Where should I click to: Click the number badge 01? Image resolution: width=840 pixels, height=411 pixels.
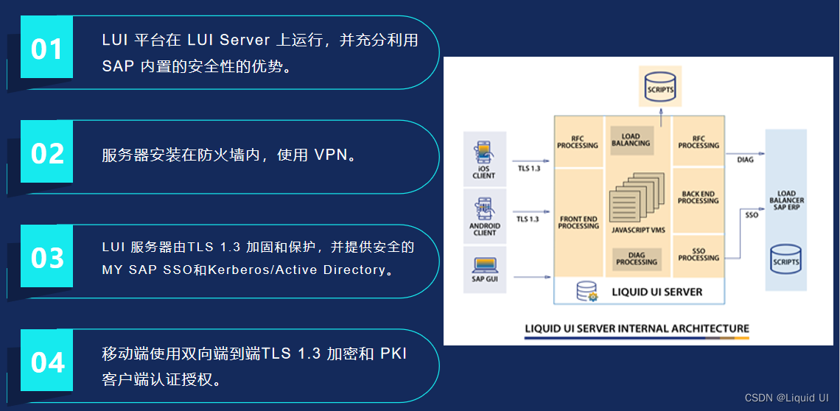[x=47, y=48]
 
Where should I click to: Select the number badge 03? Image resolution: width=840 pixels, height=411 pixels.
[x=47, y=257]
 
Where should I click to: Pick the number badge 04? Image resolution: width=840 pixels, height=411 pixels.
[x=47, y=362]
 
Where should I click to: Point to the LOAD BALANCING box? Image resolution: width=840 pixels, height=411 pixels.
[x=631, y=139]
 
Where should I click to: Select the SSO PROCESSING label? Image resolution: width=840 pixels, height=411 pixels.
[x=699, y=254]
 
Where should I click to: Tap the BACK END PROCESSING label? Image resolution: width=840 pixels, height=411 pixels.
[x=699, y=197]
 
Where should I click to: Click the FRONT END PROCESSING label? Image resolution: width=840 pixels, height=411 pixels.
[x=578, y=222]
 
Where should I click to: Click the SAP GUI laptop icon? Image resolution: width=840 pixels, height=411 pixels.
[x=484, y=264]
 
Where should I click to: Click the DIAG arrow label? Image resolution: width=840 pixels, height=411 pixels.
[x=745, y=160]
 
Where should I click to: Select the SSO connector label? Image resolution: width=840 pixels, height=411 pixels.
[x=752, y=215]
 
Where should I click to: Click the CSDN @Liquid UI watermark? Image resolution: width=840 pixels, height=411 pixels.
[x=786, y=397]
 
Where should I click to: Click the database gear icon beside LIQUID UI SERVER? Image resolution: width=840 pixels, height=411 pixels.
[x=587, y=292]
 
